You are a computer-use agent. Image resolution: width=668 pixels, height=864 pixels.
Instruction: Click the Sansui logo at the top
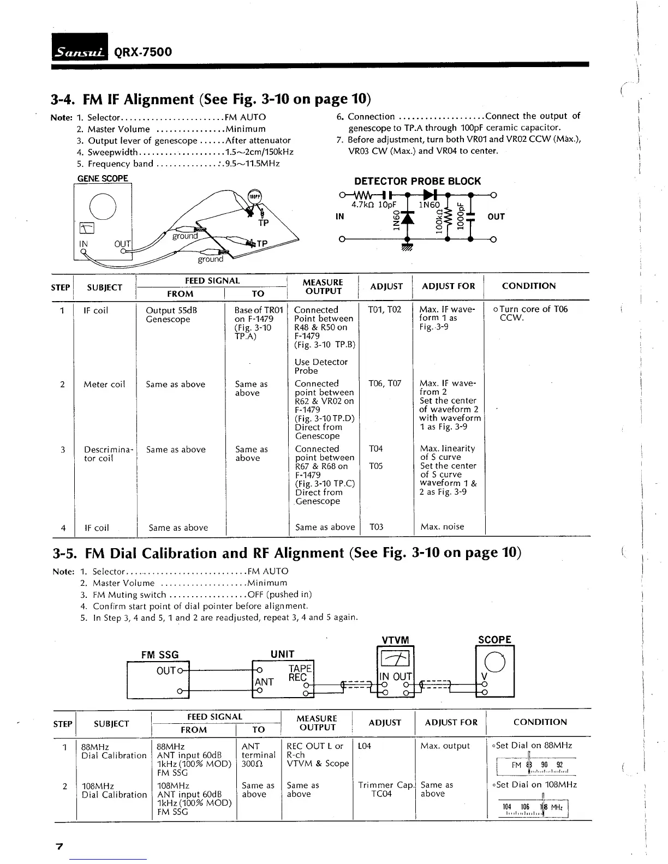[x=80, y=52]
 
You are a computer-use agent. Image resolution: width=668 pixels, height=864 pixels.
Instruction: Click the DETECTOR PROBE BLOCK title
[x=417, y=182]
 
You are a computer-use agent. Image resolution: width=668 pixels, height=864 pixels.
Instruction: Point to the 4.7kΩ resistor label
[x=364, y=205]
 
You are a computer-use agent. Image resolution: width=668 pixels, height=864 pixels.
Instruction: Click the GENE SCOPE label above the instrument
[x=103, y=178]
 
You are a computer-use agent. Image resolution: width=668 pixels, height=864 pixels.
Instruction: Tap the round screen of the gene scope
[x=103, y=206]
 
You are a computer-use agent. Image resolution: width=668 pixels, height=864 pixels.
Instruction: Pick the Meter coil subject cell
[x=104, y=384]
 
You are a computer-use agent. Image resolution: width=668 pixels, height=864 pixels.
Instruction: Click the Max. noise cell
[x=442, y=526]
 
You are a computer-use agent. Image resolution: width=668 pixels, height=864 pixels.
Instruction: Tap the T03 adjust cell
[x=377, y=527]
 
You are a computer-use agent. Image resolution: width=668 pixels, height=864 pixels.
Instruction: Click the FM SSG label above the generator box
[x=160, y=655]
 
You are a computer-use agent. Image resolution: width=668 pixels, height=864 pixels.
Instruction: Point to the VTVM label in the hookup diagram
[x=395, y=640]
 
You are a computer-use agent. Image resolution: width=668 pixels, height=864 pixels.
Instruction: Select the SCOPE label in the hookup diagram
[x=494, y=639]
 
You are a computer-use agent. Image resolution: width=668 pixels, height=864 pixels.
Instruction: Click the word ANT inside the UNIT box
[x=264, y=682]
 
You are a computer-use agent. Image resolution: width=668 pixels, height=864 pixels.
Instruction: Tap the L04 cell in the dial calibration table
[x=365, y=746]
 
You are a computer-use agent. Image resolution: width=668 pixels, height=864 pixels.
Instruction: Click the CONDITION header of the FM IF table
[x=528, y=286]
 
